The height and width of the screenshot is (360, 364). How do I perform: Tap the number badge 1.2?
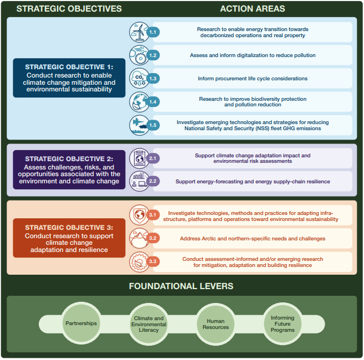(x=154, y=55)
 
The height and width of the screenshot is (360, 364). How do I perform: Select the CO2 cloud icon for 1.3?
(x=138, y=79)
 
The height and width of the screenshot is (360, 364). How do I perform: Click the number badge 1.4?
(x=154, y=102)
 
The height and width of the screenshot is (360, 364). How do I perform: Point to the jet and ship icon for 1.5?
(x=138, y=125)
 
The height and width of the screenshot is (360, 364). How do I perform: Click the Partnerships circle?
(x=81, y=323)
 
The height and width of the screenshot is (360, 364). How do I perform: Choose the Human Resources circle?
(x=216, y=323)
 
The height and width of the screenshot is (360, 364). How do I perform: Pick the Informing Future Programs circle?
(x=283, y=323)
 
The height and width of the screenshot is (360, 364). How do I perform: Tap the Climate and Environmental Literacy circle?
(x=148, y=323)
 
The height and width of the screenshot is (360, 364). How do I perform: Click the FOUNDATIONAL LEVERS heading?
(x=181, y=286)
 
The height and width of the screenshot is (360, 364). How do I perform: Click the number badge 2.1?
(x=154, y=158)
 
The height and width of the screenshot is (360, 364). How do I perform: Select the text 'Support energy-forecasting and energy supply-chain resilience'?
(x=252, y=181)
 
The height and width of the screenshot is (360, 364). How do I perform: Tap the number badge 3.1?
(x=154, y=215)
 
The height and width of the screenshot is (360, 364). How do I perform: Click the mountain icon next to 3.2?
(x=138, y=239)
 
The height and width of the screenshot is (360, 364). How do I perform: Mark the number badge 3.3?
(x=154, y=262)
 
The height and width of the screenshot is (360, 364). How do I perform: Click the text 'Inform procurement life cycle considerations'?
(x=253, y=79)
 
